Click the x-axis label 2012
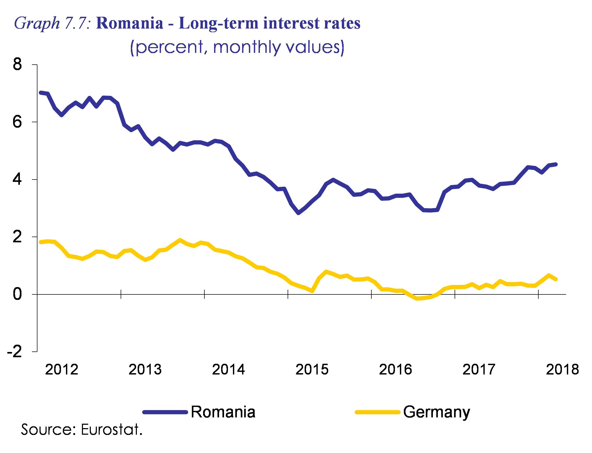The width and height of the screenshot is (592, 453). pos(62,370)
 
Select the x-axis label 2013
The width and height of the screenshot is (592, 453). pos(145,370)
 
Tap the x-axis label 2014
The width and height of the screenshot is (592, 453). pos(228,370)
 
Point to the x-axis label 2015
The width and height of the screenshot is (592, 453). pos(312,370)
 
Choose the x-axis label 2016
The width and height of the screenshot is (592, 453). pos(395,370)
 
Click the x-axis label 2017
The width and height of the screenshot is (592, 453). pos(479,370)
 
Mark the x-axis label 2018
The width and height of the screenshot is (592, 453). pos(562,370)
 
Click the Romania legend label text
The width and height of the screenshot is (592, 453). pos(223,412)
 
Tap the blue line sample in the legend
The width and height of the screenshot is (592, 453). pos(165,412)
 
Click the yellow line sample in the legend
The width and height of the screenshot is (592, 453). pos(377,412)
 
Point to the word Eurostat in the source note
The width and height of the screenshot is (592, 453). pos(111,429)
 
